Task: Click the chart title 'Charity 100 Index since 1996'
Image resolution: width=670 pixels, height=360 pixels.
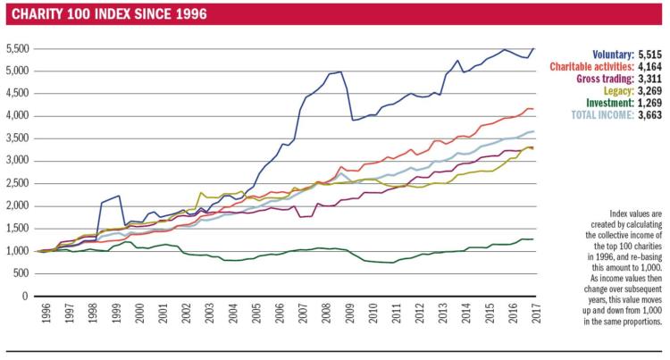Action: tap(109, 14)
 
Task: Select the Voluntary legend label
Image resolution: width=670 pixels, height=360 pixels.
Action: tap(613, 54)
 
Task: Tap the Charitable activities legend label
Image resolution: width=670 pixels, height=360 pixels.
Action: tap(591, 67)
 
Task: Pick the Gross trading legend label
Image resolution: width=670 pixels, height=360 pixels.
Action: tap(605, 79)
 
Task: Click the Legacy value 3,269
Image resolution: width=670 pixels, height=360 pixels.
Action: tap(650, 91)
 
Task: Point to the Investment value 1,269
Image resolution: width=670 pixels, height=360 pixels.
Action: tap(650, 103)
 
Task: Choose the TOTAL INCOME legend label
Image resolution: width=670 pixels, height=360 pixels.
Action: tap(602, 115)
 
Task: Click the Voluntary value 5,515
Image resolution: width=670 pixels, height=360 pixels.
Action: tap(650, 54)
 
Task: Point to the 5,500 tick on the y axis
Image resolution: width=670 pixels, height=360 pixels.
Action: tap(18, 48)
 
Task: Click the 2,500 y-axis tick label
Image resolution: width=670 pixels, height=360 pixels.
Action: tap(18, 184)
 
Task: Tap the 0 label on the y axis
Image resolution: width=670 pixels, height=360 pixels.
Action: tap(25, 296)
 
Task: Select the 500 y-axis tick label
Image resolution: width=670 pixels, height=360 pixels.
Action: tap(21, 273)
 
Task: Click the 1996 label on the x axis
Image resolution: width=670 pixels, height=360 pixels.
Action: tap(46, 313)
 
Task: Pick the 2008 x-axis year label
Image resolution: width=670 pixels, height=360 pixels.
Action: tap(326, 313)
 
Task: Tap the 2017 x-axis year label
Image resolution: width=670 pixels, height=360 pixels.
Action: tap(536, 313)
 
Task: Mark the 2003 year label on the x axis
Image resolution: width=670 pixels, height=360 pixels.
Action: tap(209, 313)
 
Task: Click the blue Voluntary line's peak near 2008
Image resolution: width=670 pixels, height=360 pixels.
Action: tap(340, 71)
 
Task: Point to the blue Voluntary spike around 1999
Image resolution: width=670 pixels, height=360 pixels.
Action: tap(119, 196)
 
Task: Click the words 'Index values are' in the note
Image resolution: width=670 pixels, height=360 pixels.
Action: tap(635, 213)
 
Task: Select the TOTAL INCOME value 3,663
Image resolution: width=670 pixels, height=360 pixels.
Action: tap(650, 115)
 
